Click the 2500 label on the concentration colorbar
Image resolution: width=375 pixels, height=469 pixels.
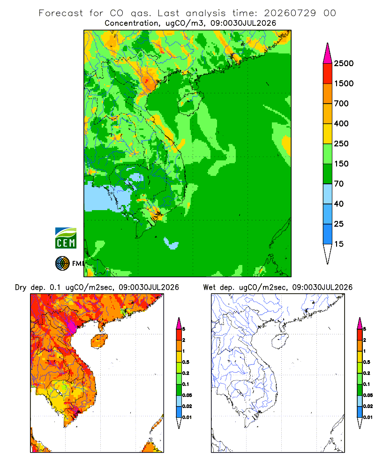344,63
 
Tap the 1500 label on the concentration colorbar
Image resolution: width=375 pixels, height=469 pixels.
344,83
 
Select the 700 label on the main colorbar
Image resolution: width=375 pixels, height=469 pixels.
341,104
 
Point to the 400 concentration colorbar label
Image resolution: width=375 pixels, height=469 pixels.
341,123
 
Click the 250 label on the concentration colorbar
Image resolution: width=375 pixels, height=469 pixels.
341,144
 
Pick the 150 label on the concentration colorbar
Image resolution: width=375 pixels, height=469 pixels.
341,164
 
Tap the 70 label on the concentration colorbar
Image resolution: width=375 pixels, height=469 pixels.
339,184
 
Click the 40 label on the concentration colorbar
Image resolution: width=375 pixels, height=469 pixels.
339,204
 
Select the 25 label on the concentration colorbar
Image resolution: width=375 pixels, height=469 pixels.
339,224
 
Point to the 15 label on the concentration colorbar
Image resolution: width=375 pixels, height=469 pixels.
339,244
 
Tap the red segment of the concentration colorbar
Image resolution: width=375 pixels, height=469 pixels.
328,74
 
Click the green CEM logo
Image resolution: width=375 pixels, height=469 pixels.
66,238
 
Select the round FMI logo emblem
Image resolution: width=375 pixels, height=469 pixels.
62,264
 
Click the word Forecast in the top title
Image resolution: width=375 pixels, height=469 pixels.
61,13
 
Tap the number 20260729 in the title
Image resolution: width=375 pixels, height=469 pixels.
290,13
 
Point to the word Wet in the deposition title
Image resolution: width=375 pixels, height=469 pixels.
210,287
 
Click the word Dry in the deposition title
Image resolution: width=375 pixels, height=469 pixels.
21,287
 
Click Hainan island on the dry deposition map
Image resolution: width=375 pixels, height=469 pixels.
99,341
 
